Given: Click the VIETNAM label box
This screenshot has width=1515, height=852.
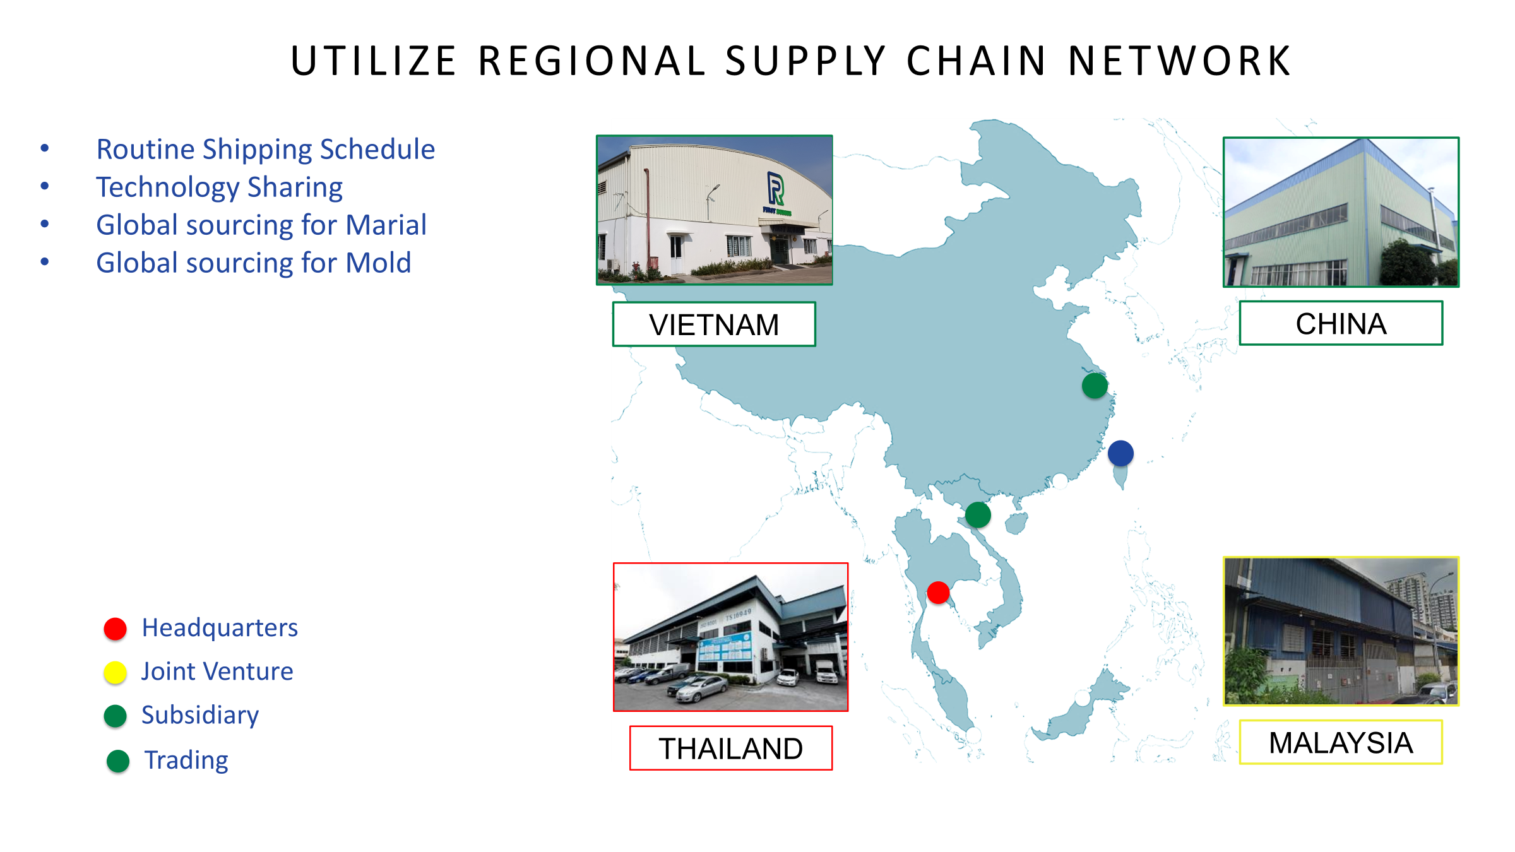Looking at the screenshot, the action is tap(714, 324).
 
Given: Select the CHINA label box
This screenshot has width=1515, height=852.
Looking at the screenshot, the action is tap(1341, 323).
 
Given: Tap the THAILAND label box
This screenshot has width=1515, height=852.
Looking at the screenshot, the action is tap(731, 748).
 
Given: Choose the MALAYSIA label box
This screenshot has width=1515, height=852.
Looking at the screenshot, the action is tap(1341, 742).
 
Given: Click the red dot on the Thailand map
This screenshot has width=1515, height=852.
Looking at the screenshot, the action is tap(938, 593).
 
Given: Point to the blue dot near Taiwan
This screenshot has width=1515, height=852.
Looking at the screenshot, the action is tap(1120, 453).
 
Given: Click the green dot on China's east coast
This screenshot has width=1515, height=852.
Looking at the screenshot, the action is tap(1095, 386).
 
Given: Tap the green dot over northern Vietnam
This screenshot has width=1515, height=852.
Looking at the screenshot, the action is tap(978, 515).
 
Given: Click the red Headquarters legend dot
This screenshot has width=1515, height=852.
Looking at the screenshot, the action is tap(116, 629).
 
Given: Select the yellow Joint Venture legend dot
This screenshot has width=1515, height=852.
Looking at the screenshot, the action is tap(116, 673).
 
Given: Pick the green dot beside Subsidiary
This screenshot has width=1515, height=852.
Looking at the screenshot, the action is tap(116, 716).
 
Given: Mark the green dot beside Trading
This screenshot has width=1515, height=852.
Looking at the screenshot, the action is tap(118, 761).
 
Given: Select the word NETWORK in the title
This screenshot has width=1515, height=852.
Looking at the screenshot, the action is tap(1179, 61).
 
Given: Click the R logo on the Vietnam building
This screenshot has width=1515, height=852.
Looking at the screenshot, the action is tap(776, 189).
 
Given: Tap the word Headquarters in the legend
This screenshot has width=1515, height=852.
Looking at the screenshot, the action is tap(220, 629).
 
